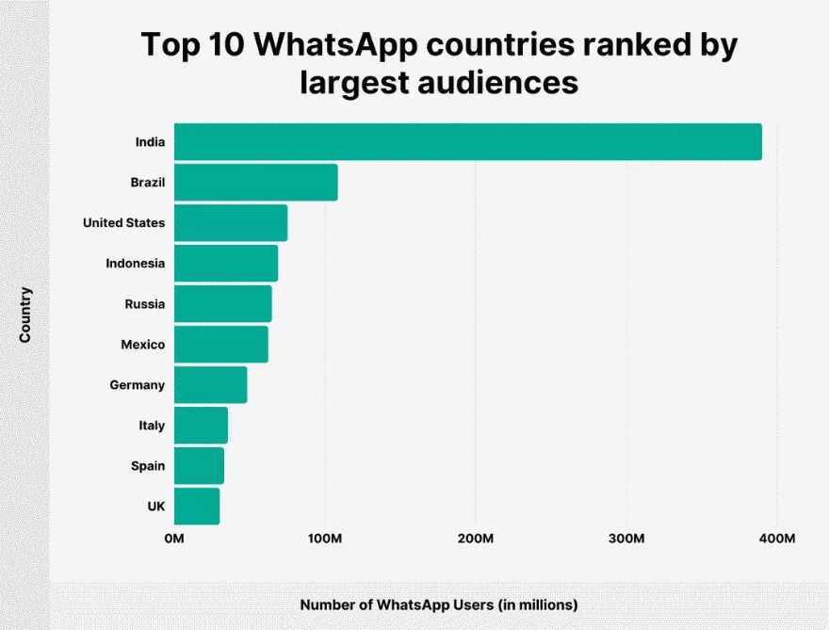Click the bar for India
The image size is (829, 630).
468,142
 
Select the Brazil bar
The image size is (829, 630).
256,183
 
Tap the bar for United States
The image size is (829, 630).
231,223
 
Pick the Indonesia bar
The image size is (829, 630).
226,264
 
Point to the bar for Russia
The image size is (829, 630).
223,304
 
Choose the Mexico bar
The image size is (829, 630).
221,345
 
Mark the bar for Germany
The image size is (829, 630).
211,385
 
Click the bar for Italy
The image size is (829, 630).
202,426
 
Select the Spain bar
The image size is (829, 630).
200,466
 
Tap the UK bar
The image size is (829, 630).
197,507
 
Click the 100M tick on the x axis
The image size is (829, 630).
325,539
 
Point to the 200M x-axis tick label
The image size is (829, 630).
476,539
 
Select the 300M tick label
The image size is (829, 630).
626,539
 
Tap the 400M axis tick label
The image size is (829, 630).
776,539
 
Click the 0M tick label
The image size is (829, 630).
174,539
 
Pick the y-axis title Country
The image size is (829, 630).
25,315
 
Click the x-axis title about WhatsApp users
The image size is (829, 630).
438,605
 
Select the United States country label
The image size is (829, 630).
123,223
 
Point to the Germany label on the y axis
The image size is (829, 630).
137,385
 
